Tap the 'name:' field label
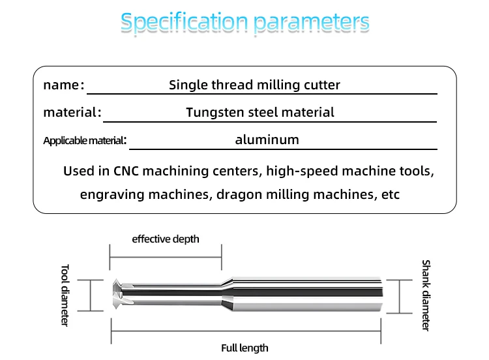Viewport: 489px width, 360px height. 63,85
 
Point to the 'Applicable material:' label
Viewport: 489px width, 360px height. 84,140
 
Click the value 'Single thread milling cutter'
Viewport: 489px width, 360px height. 254,85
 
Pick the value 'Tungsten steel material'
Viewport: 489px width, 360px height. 259,112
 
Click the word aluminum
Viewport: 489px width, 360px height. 267,140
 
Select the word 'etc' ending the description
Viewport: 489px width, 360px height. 391,194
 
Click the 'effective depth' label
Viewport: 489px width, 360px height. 166,239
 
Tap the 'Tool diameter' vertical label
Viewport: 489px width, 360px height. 65,295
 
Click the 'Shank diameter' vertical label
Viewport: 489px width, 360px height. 425,295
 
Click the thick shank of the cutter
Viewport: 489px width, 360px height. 306,295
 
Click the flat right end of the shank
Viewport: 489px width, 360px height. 383,295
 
